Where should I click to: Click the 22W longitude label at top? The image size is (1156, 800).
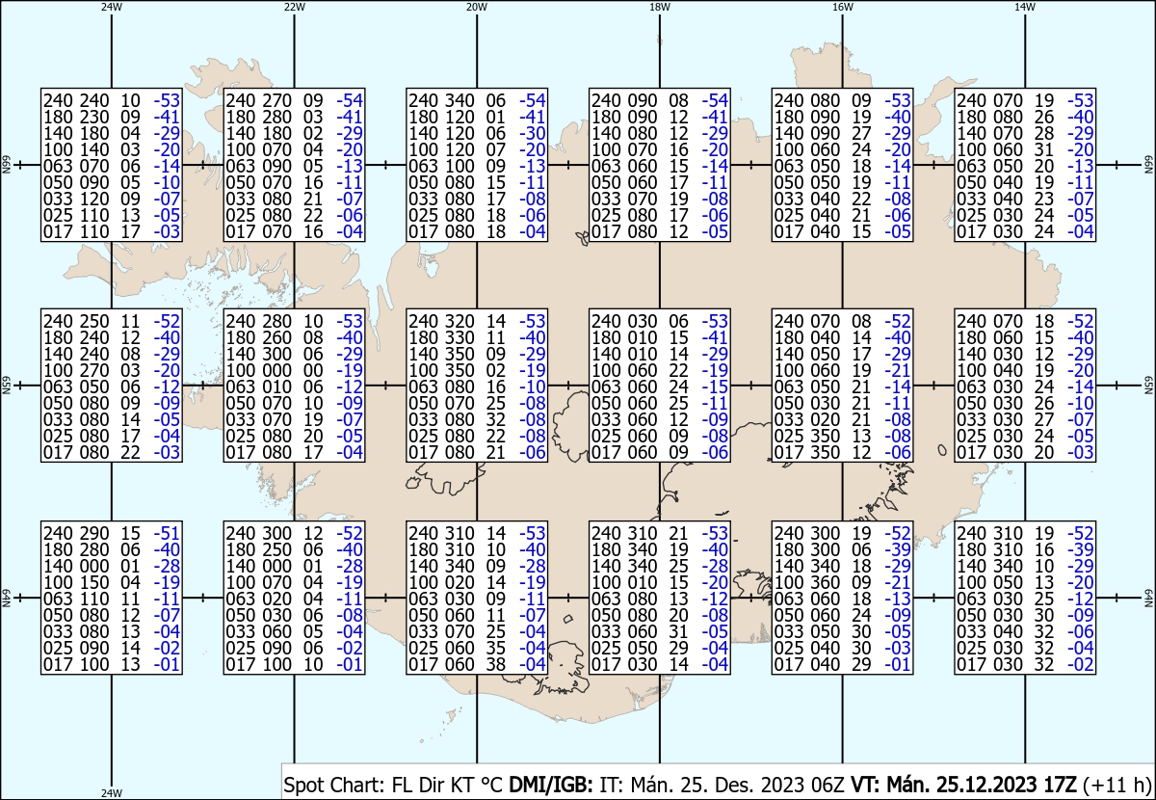294,7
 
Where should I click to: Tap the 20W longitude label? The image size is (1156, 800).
477,7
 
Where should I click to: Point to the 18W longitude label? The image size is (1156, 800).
660,7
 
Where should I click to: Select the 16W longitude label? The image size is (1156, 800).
842,7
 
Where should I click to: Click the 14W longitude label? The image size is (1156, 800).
1025,7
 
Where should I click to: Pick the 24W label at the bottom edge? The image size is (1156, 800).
112,792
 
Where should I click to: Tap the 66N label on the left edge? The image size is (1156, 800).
6,165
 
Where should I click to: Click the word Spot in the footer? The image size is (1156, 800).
302,785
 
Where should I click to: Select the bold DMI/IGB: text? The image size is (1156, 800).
551,785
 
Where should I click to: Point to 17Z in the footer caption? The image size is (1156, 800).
1061,785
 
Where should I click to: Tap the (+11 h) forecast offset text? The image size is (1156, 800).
1117,785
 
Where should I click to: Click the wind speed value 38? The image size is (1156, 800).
495,664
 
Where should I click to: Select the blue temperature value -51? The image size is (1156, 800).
168,533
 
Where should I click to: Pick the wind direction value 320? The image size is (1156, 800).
460,321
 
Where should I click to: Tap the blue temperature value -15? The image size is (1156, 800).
715,387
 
